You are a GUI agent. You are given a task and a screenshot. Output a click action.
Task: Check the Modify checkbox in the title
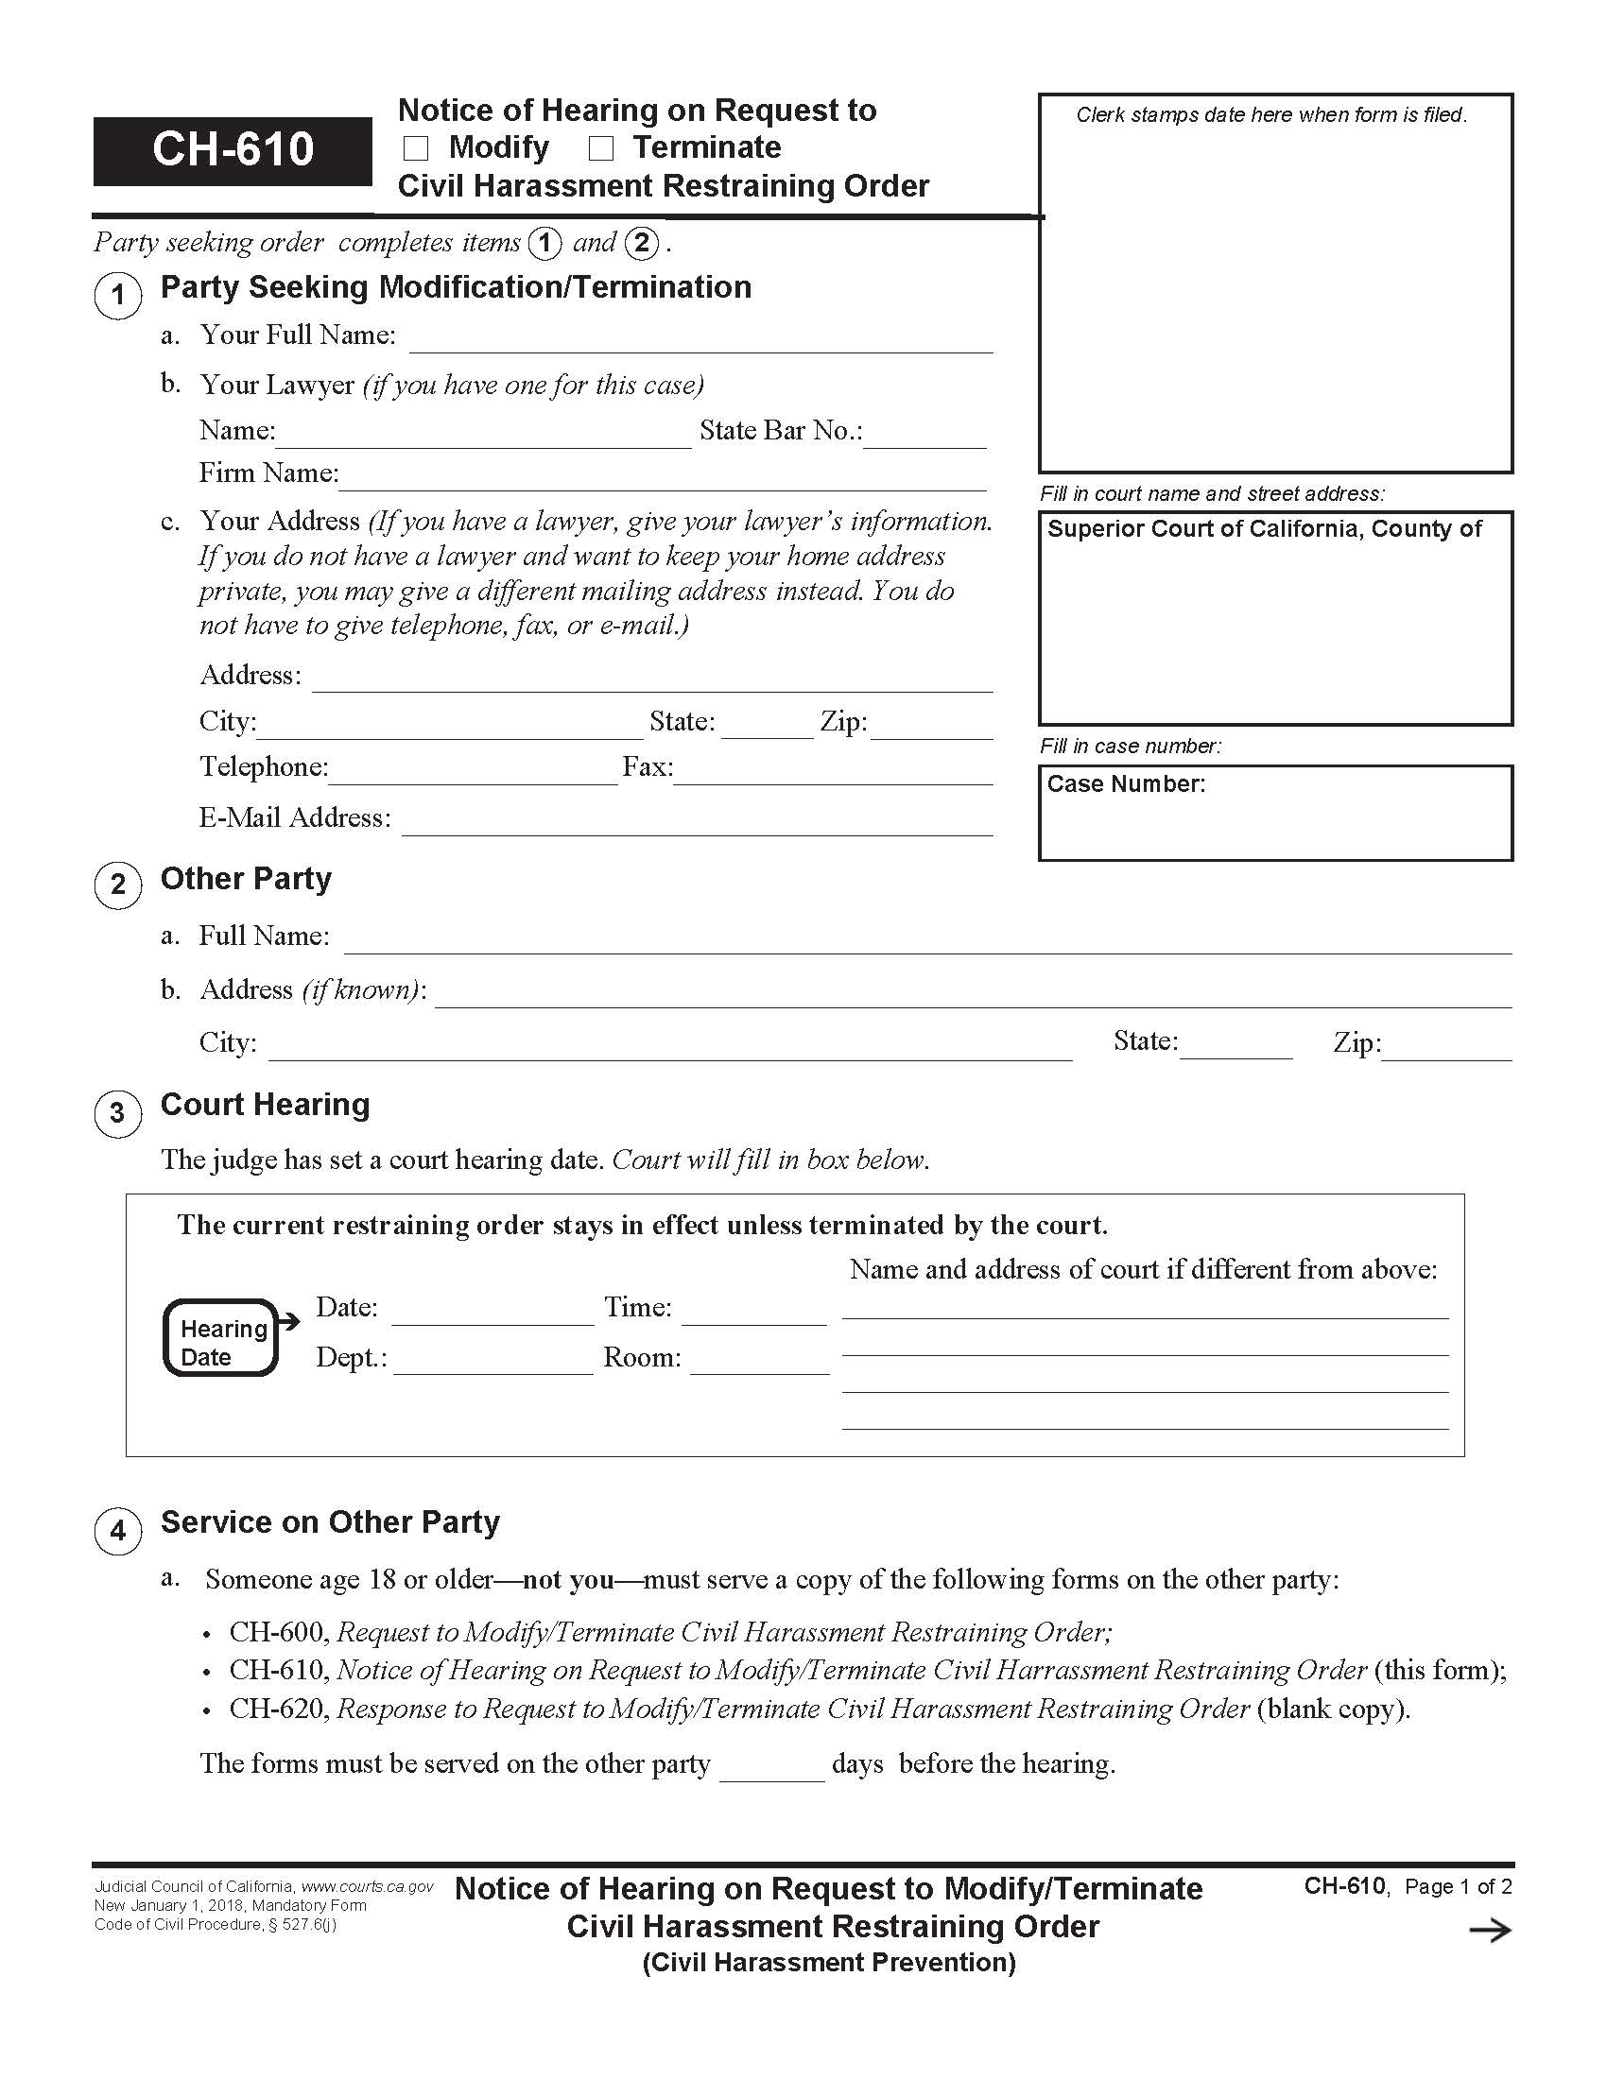pyautogui.click(x=416, y=148)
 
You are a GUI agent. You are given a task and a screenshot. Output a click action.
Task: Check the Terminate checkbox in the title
pyautogui.click(x=600, y=148)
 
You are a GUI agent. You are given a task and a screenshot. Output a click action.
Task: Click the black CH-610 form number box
pyautogui.click(x=233, y=150)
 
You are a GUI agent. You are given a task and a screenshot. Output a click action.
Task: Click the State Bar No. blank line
pyautogui.click(x=924, y=437)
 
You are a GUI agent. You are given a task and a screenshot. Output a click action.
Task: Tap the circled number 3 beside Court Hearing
pyautogui.click(x=117, y=1113)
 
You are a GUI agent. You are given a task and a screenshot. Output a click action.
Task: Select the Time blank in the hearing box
pyautogui.click(x=753, y=1314)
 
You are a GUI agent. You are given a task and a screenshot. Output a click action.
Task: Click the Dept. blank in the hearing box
pyautogui.click(x=492, y=1364)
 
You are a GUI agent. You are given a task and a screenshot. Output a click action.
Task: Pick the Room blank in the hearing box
pyautogui.click(x=759, y=1364)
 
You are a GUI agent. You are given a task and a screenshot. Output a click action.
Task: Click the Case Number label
pyautogui.click(x=1125, y=784)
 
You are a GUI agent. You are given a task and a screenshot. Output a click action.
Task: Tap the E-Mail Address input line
pyautogui.click(x=696, y=824)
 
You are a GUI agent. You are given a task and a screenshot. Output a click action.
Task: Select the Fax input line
pyautogui.click(x=832, y=774)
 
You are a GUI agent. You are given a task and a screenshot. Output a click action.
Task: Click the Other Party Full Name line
pyautogui.click(x=927, y=942)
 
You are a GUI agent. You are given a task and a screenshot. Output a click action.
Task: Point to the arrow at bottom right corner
pyautogui.click(x=1490, y=1931)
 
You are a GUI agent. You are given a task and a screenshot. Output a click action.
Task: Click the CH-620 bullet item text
pyautogui.click(x=819, y=1709)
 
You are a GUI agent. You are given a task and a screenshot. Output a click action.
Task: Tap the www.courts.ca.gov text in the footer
pyautogui.click(x=368, y=1887)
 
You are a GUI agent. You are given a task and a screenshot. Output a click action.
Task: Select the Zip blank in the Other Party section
pyautogui.click(x=1447, y=1050)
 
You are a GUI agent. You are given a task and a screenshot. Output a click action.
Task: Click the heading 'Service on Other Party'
pyautogui.click(x=329, y=1522)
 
